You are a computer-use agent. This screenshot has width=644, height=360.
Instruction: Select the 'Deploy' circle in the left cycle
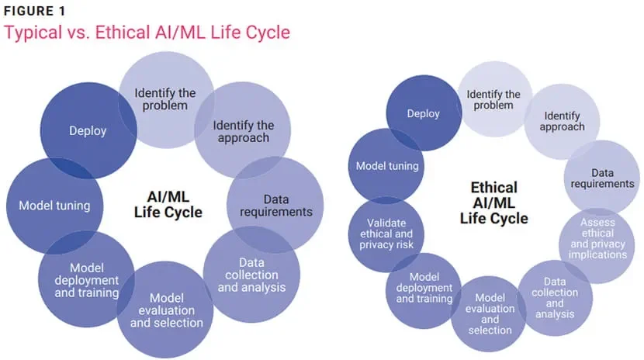click(x=87, y=130)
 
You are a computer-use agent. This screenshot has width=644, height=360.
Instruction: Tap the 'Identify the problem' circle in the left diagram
click(x=165, y=99)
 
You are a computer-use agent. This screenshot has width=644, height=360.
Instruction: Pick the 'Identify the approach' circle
click(x=242, y=131)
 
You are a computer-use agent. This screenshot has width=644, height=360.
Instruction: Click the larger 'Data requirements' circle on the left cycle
click(x=275, y=206)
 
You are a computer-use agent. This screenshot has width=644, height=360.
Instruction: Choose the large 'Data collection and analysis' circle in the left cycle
click(x=251, y=275)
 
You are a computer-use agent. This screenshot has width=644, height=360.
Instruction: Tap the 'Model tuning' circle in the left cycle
click(x=54, y=206)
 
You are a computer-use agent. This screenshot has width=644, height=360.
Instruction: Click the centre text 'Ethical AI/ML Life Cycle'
click(x=493, y=202)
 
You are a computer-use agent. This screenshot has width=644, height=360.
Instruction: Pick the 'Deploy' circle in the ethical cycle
click(x=424, y=113)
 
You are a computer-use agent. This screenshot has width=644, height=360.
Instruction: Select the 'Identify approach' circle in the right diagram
click(x=563, y=121)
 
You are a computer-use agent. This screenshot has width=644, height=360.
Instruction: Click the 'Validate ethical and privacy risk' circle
click(x=386, y=233)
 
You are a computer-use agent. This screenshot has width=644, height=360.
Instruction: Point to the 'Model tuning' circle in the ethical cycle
click(x=386, y=165)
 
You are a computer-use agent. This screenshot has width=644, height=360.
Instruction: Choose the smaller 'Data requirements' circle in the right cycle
click(x=602, y=178)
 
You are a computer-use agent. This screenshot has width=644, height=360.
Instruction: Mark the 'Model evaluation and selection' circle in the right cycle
click(x=490, y=313)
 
